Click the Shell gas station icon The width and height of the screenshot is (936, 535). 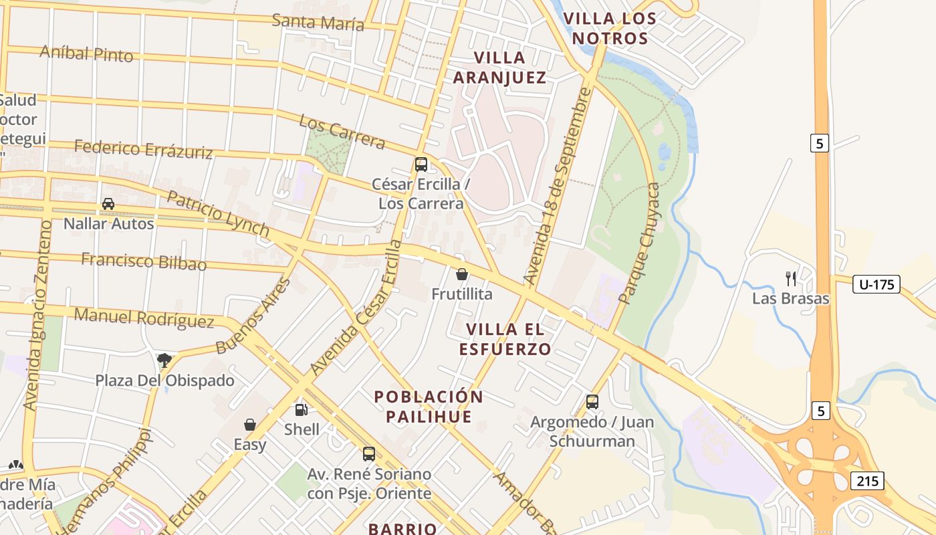tap(302, 410)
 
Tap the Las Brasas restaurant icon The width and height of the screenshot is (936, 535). tap(791, 279)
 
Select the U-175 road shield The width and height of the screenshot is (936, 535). tap(876, 284)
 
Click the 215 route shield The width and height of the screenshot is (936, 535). tap(868, 480)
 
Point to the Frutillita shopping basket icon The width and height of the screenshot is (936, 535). tap(461, 274)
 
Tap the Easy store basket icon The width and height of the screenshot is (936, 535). tap(250, 425)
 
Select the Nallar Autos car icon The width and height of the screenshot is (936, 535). tap(108, 204)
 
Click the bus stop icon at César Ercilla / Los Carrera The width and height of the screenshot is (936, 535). tap(421, 165)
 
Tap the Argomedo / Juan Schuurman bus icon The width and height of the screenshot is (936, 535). tap(592, 402)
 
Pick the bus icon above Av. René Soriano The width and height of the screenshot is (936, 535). tap(368, 454)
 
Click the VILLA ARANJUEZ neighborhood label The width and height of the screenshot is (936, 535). tap(499, 68)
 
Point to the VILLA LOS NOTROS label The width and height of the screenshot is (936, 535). tap(610, 29)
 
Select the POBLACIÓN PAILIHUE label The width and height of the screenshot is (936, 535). tap(429, 407)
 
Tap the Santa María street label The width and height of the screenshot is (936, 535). tap(318, 22)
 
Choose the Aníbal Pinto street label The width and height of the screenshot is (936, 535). tap(86, 53)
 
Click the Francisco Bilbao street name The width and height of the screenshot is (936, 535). tap(144, 261)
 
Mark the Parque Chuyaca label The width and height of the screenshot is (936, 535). tap(639, 243)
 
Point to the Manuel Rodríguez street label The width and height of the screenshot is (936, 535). tap(144, 318)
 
